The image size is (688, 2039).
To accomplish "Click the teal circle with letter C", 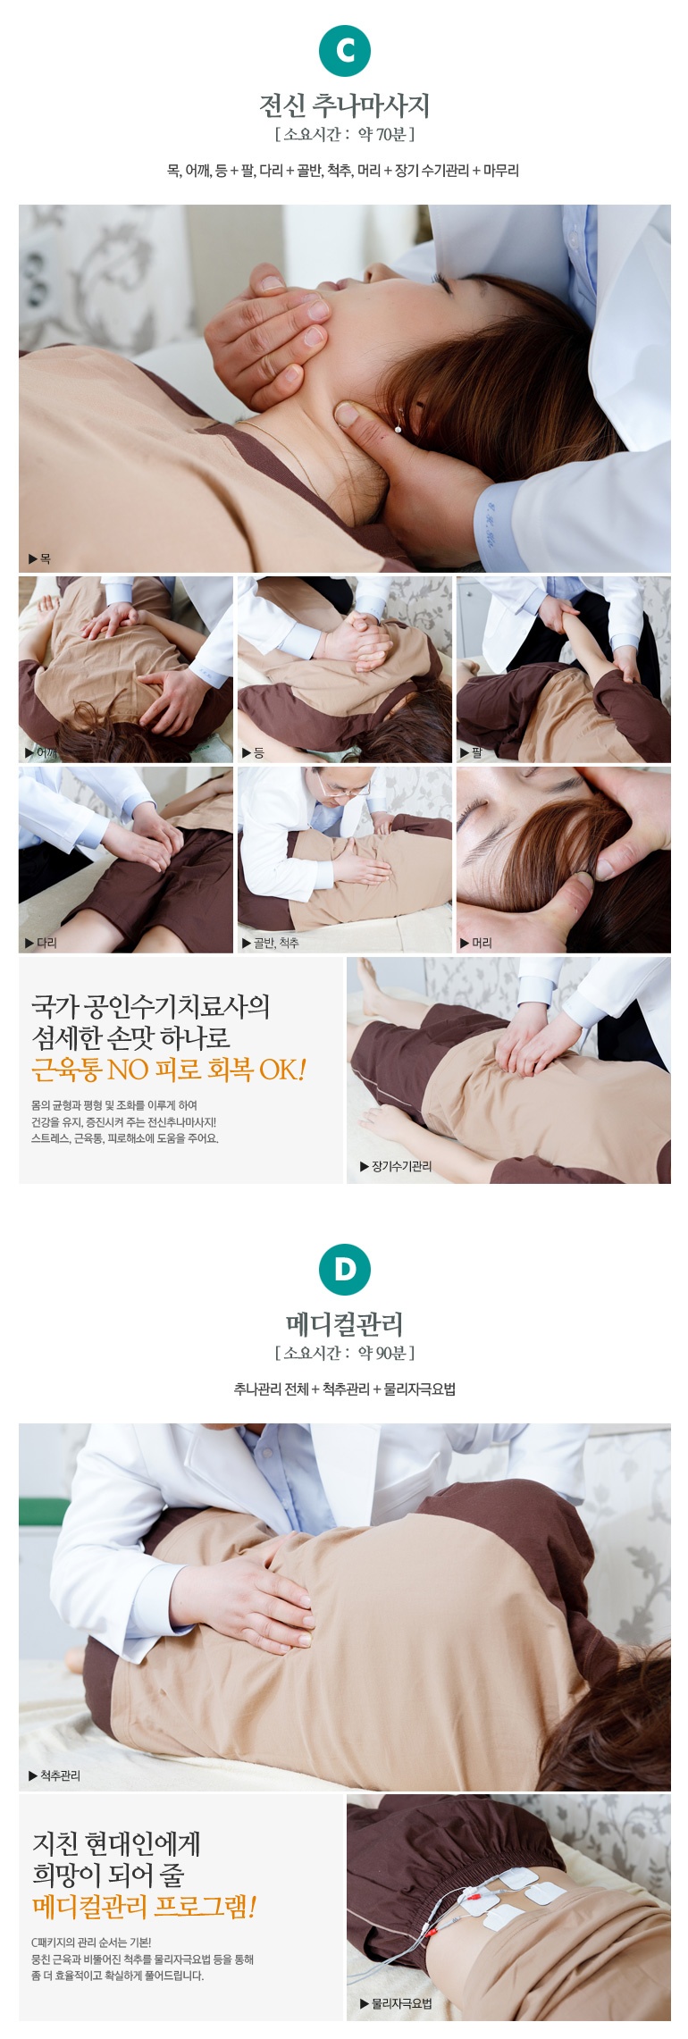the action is coord(344,50).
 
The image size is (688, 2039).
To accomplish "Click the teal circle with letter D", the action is coord(344,1269).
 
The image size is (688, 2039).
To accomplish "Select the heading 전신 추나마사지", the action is coord(344,105).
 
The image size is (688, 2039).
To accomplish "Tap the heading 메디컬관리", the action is coord(344,1324).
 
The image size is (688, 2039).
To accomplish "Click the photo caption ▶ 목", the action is coord(40,558).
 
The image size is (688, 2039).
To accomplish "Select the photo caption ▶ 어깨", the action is coord(42,752).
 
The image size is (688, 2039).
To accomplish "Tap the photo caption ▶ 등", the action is coord(254,752).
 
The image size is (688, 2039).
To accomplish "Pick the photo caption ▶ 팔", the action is coord(472,752).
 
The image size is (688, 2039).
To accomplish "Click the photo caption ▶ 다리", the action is coord(41,943).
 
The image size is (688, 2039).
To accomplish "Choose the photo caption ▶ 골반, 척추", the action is coord(271,943).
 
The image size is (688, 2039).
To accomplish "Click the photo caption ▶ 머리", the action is coord(477,943).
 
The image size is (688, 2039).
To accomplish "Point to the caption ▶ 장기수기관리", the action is coord(396,1166).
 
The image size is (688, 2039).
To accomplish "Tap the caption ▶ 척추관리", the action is coord(55,1775).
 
